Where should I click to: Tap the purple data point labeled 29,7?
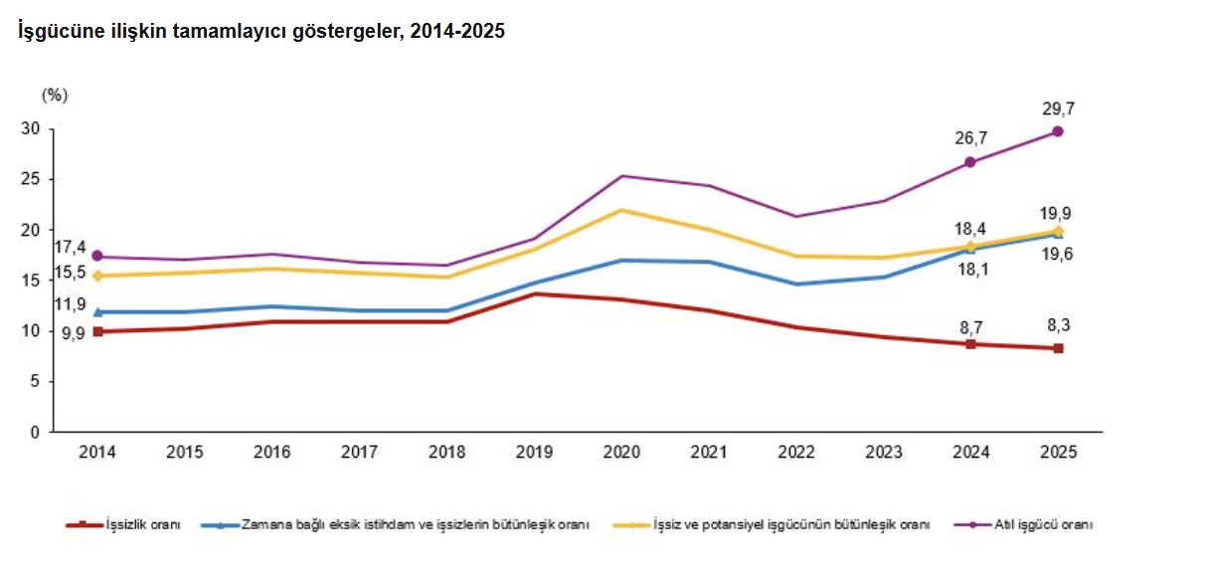click(1058, 131)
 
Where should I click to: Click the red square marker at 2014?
click(97, 331)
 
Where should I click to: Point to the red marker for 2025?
click(1058, 348)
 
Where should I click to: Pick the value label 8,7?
click(970, 324)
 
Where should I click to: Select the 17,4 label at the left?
click(69, 248)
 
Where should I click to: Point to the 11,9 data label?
click(69, 305)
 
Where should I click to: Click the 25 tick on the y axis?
click(31, 180)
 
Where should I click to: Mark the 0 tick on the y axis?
click(35, 433)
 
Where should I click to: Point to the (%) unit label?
click(55, 96)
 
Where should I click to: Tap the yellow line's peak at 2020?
click(621, 210)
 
